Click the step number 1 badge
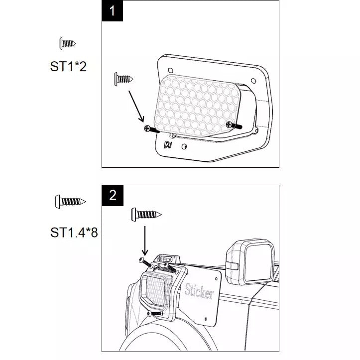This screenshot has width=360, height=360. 112,11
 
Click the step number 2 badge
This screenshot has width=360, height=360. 113,195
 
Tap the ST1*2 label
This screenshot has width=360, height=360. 68,67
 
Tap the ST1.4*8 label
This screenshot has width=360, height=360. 74,233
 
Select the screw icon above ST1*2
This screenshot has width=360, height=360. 67,43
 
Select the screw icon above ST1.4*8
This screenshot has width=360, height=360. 70,202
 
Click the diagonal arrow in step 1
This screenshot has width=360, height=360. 136,106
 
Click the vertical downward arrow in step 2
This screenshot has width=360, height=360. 145,240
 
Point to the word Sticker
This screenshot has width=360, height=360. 199,291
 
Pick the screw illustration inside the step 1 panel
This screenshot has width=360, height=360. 123,79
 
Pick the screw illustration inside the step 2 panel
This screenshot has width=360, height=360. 146,215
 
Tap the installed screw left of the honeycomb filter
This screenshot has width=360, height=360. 152,129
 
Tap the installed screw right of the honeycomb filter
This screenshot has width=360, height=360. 234,125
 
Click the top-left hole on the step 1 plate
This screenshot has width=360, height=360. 171,70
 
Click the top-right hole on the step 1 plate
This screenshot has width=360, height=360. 253,81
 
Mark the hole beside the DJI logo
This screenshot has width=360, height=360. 184,146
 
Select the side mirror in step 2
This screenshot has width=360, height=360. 251,262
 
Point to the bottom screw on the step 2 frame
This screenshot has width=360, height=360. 155,313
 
